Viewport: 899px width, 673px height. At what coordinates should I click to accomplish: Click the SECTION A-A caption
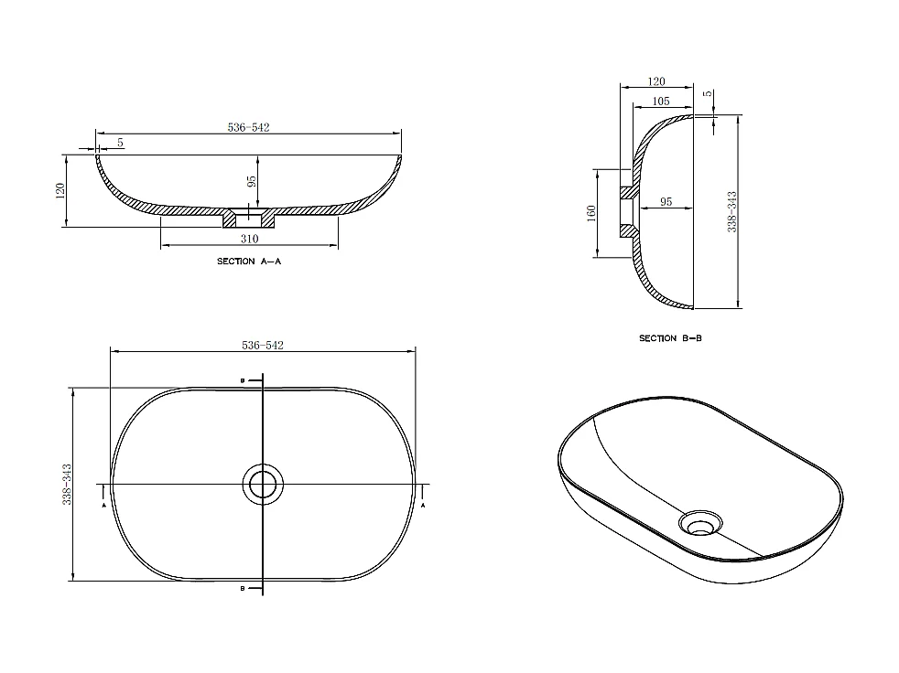point(248,262)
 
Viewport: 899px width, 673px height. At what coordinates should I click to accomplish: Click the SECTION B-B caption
point(670,338)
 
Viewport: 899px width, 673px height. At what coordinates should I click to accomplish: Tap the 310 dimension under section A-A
point(249,239)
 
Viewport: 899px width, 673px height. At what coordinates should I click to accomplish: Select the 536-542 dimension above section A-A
point(248,127)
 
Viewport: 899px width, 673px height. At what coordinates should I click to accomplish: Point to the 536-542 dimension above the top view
point(263,345)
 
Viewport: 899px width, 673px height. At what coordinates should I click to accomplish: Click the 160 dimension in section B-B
point(591,213)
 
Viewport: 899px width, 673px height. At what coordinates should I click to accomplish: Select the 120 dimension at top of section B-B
point(655,82)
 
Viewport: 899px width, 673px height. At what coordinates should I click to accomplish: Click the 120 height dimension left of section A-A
point(60,191)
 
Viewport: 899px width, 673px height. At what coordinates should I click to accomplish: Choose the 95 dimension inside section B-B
point(666,201)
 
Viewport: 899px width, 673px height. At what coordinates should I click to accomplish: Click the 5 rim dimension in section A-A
point(120,144)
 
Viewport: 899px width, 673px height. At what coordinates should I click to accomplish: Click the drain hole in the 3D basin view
point(700,524)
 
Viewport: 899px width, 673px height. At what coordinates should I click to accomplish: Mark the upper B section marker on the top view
point(242,379)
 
